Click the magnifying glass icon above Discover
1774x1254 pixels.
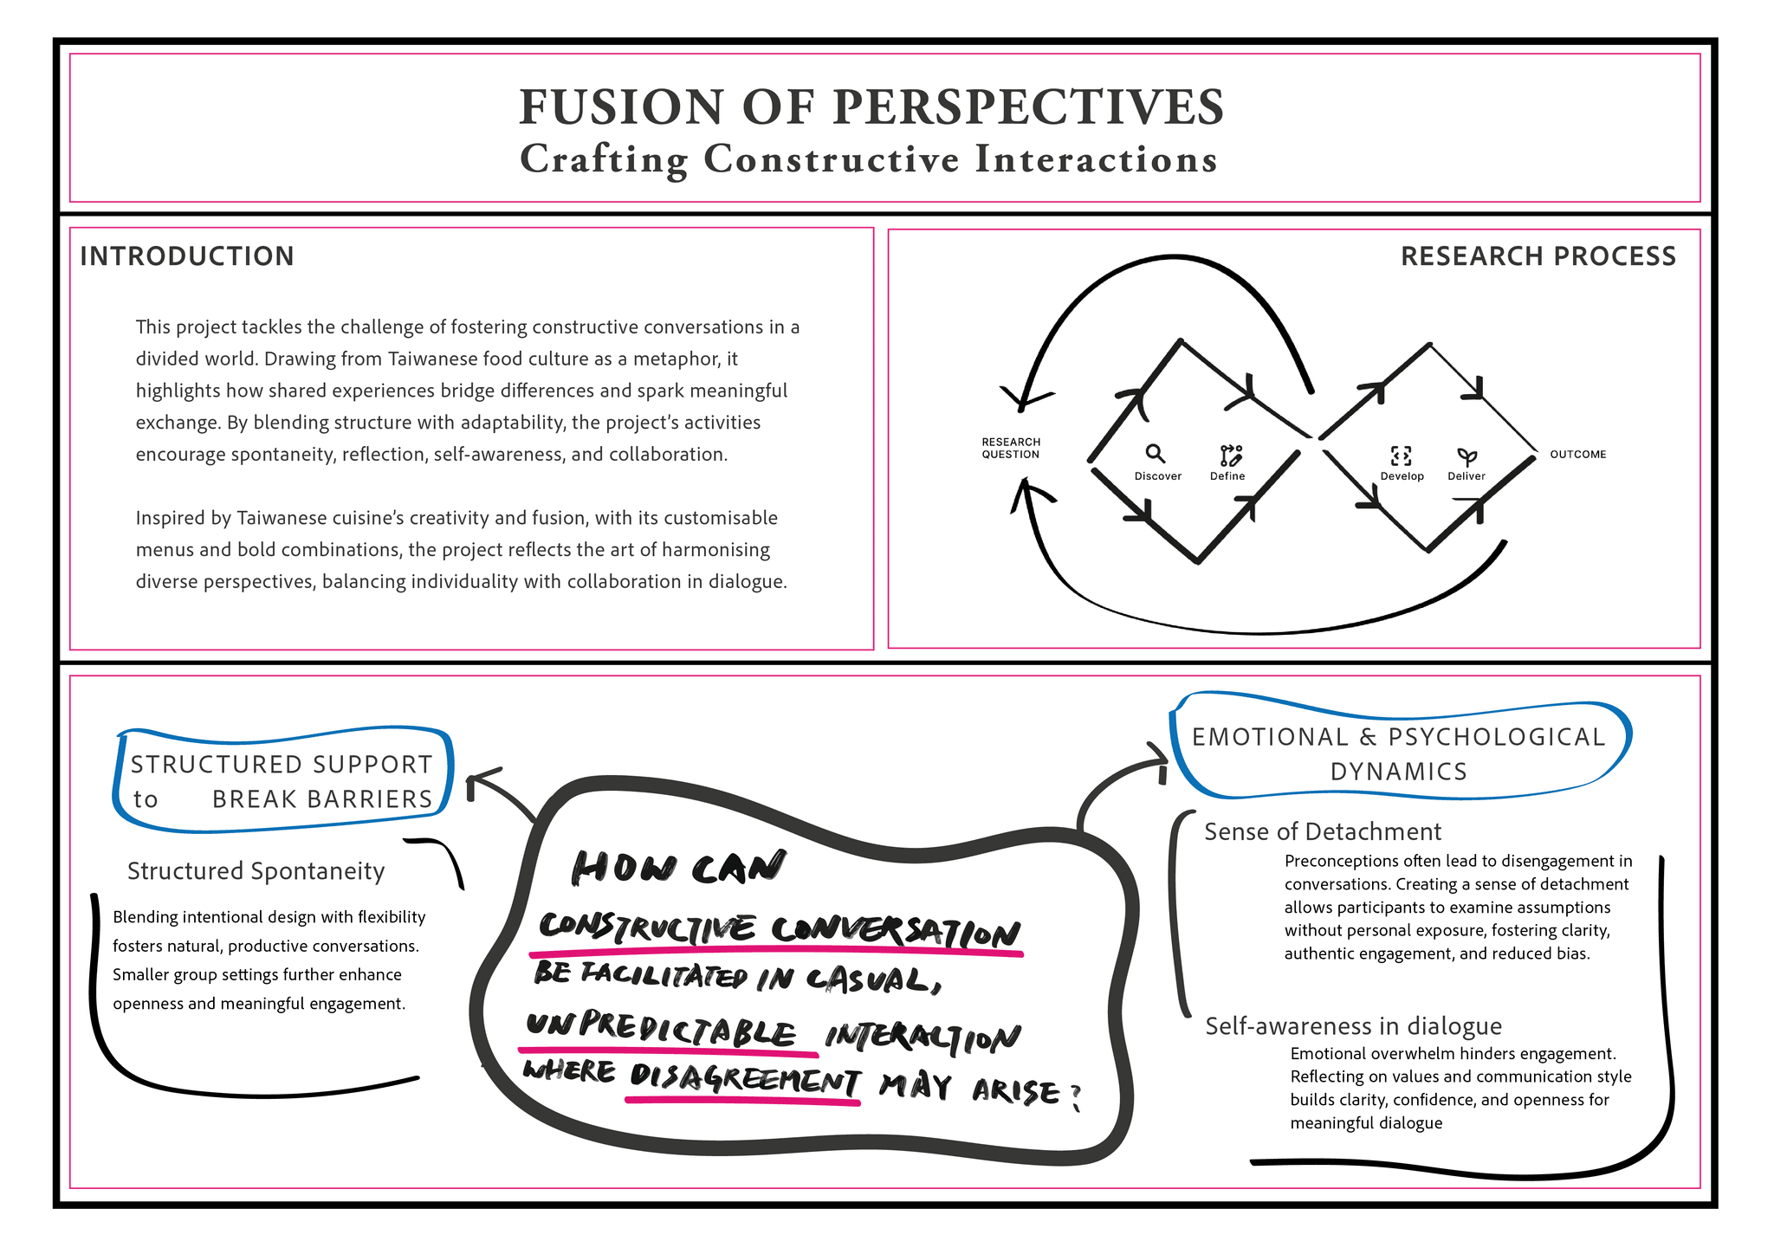point(1155,454)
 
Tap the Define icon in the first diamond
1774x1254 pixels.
point(1230,455)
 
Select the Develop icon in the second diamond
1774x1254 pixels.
point(1401,456)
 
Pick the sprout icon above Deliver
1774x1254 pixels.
point(1466,456)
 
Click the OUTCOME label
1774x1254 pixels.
point(1577,454)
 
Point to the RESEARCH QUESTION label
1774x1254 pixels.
point(1011,448)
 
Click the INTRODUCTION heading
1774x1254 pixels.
point(187,256)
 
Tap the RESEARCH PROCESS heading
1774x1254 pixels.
point(1538,256)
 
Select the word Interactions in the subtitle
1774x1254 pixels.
point(1096,159)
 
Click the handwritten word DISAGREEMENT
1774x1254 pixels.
point(744,1079)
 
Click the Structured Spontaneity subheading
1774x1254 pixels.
point(256,871)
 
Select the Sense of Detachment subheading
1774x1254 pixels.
point(1323,831)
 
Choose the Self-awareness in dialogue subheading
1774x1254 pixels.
point(1353,1026)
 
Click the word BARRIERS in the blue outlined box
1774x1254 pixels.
point(322,798)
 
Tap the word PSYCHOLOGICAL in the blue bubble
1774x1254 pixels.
point(1497,737)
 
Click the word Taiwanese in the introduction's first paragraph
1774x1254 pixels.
point(431,359)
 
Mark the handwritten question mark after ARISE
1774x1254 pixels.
point(1075,1097)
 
